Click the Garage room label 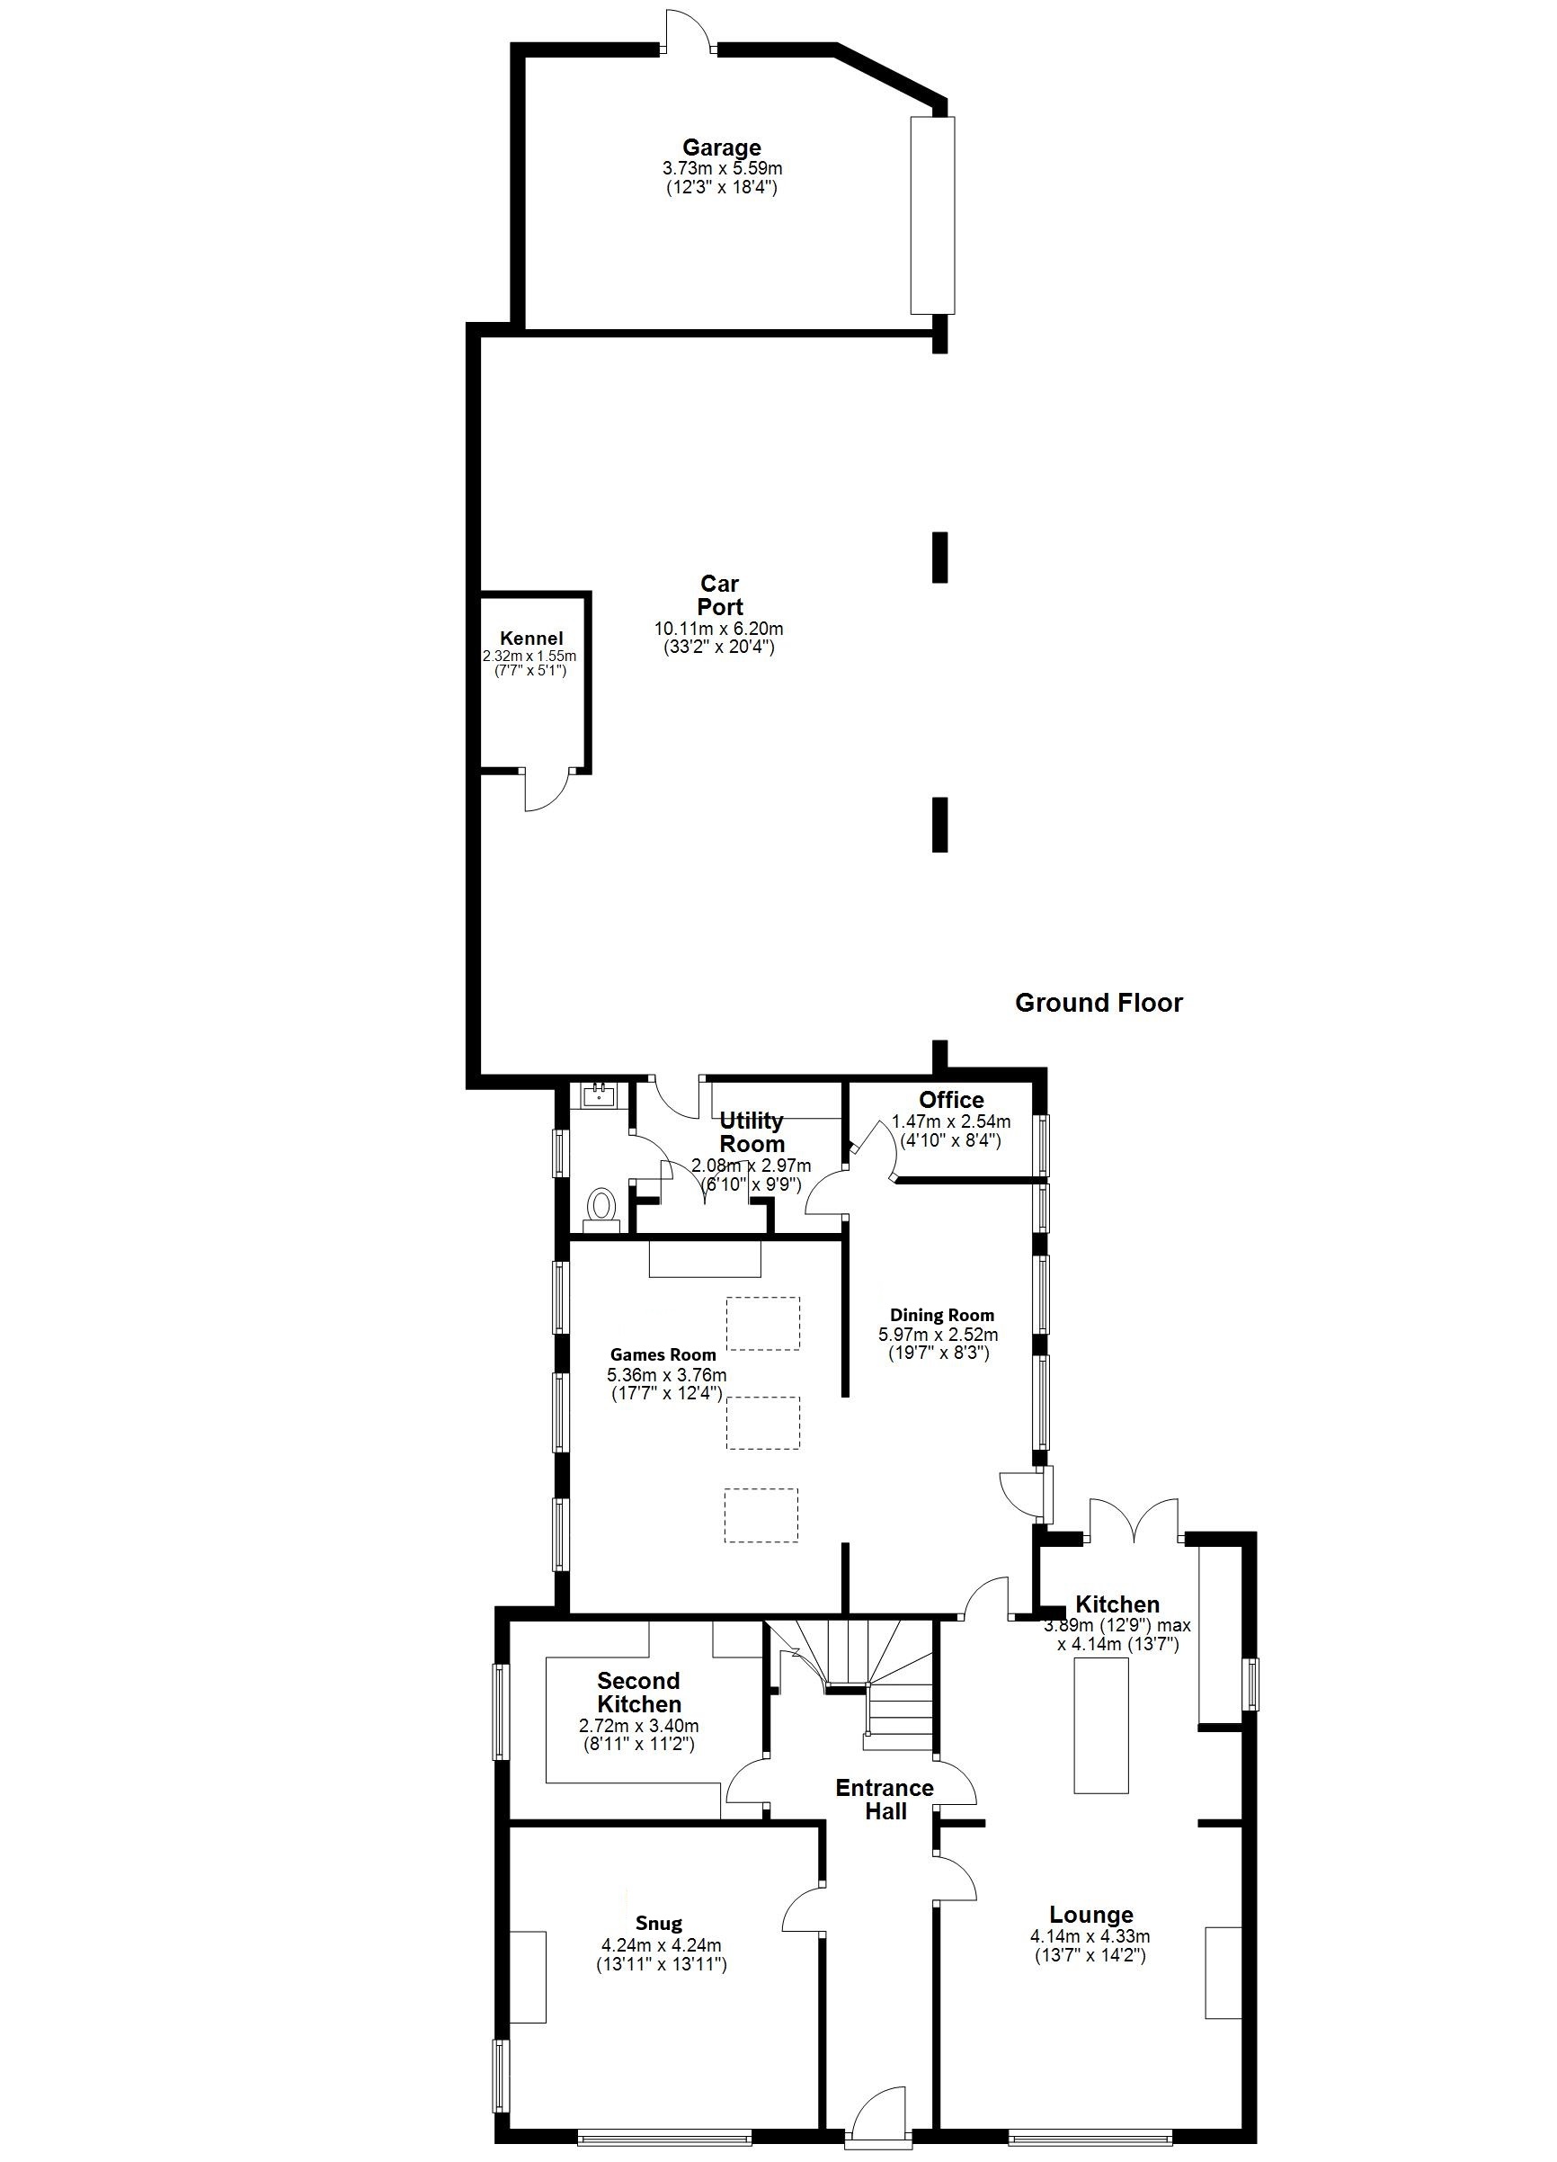pos(720,147)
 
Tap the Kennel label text pos(530,639)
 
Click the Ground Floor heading pos(1098,1003)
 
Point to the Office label pos(950,1099)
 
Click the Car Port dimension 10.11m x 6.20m pos(718,630)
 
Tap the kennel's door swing pos(545,791)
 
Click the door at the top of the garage pos(687,33)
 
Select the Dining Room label pos(941,1316)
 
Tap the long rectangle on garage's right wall pos(931,214)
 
